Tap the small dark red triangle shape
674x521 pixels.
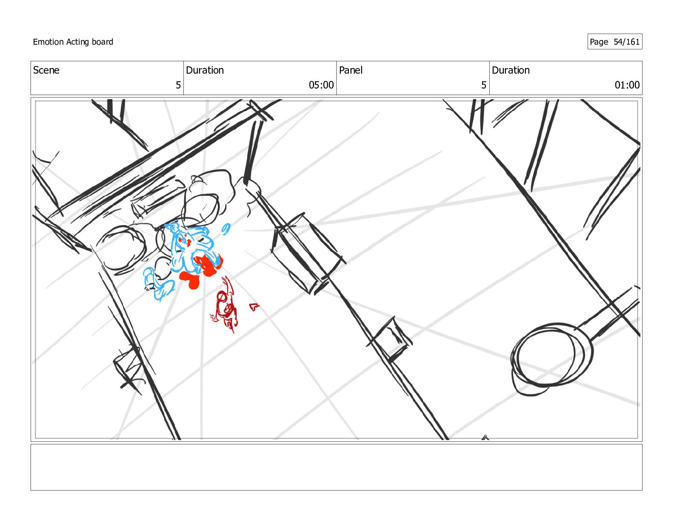pyautogui.click(x=254, y=307)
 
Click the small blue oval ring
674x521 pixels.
pyautogui.click(x=226, y=229)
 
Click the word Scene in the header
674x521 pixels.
pyautogui.click(x=46, y=70)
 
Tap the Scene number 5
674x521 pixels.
pyautogui.click(x=178, y=85)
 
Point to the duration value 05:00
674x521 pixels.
pyautogui.click(x=321, y=85)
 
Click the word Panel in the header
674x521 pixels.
pyautogui.click(x=351, y=70)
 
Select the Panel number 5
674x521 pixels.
pyautogui.click(x=483, y=85)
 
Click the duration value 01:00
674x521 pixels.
pyautogui.click(x=627, y=85)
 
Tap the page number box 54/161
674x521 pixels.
pyautogui.click(x=615, y=42)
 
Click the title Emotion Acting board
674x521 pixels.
pyautogui.click(x=73, y=42)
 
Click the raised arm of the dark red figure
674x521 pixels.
pyautogui.click(x=228, y=286)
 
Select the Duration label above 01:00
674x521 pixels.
pyautogui.click(x=511, y=70)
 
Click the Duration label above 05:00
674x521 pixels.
pyautogui.click(x=205, y=70)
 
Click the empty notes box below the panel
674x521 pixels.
pyautogui.click(x=336, y=467)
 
